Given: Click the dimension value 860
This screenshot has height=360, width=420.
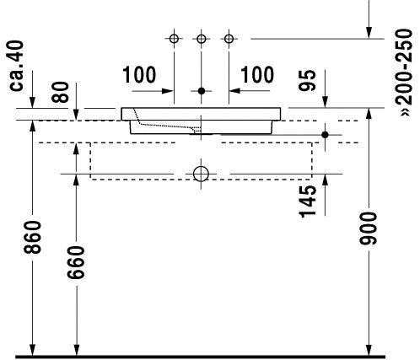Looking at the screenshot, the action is coord(33,237).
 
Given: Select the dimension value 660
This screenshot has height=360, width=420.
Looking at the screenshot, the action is coord(76,262).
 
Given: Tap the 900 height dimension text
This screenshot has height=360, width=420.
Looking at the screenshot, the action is coord(369,228).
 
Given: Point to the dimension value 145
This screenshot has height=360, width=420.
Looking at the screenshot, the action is coord(308,201).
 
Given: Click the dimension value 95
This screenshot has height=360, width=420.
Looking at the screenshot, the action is coord(307,80).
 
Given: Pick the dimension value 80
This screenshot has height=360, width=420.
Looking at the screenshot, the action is coord(60,92).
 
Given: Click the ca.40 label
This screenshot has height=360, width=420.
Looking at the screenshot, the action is coord(16,66).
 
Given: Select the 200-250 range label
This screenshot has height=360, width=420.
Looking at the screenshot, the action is coord(404,73).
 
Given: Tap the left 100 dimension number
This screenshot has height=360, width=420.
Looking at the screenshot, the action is coord(139,75).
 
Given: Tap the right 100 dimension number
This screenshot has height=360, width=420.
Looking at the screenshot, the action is coord(257,75).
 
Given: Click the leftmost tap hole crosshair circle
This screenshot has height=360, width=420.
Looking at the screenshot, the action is coord(174,39).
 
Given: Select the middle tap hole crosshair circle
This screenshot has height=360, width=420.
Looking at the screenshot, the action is coord(202,39).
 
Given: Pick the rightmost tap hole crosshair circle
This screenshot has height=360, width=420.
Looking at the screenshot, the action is coord(229,39).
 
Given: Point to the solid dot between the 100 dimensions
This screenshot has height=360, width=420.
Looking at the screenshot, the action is coord(202,91).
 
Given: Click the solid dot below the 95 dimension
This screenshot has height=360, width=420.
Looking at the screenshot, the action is coord(325,135).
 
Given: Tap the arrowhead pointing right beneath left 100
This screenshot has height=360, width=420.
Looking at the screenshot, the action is coord(168,91).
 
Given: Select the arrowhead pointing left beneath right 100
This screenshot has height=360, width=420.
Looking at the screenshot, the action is coord(234,91).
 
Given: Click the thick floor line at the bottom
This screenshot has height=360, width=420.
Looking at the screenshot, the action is coord(200,357).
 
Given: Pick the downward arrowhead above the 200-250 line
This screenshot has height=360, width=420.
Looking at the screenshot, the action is coord(369,33).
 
